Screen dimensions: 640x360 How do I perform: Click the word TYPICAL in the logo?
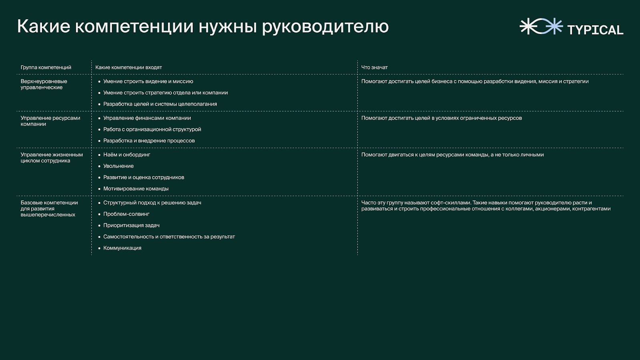coord(595,30)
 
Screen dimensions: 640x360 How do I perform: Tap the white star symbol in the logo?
coord(528,26)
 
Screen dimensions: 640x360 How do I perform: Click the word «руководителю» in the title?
coord(326,27)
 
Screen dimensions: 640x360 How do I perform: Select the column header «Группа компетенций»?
coord(46,68)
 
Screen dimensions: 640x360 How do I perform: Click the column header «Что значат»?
coord(374,68)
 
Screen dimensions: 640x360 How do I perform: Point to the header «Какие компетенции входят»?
coord(128,68)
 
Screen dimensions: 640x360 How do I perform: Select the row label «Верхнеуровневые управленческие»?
coord(44,84)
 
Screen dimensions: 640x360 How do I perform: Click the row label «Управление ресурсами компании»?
coord(50,121)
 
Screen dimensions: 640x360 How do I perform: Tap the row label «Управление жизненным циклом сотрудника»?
coord(52,158)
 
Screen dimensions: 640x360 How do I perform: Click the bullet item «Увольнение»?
coord(118,166)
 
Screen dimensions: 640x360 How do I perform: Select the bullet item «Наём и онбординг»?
coord(126,154)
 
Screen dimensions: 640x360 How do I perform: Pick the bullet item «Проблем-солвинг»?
coord(126,214)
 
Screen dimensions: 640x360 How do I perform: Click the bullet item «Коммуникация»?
coord(122,248)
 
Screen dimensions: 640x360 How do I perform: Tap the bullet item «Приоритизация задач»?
coord(132,226)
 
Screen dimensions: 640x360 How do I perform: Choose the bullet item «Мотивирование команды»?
coord(136,188)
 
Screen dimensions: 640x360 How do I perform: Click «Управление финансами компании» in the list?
coord(147,118)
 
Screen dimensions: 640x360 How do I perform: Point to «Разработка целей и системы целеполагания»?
coord(160,104)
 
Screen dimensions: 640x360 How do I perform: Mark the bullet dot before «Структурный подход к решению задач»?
coord(100,203)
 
